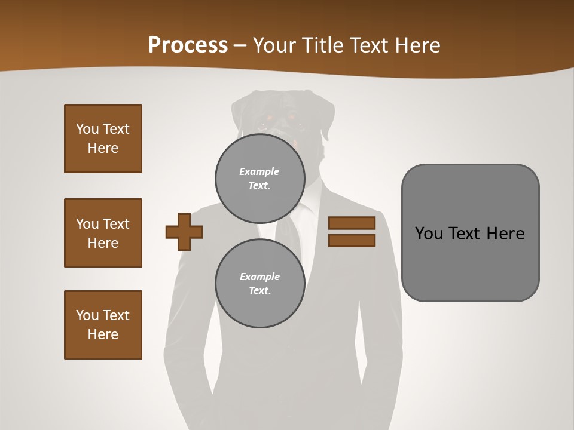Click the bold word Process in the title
click(188, 45)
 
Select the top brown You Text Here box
click(103, 139)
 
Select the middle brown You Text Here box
click(103, 233)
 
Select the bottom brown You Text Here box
click(103, 325)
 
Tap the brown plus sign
click(184, 231)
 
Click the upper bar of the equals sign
click(352, 223)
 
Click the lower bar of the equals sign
click(352, 241)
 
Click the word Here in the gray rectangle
click(505, 234)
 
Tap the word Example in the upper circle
click(259, 171)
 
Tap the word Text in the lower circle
click(259, 291)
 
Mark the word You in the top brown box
click(87, 129)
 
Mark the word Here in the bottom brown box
click(103, 334)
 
